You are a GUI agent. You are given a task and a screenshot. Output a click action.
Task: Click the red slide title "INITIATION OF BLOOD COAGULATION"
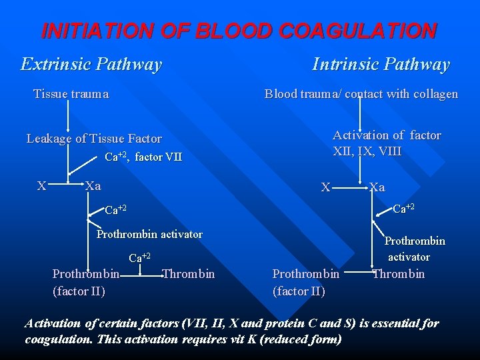[x=239, y=31]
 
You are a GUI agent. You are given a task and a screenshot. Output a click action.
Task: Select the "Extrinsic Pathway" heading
[x=91, y=64]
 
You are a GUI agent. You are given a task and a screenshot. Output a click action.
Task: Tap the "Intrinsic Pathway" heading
[x=381, y=64]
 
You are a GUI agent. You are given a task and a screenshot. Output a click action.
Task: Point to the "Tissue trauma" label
[x=71, y=94]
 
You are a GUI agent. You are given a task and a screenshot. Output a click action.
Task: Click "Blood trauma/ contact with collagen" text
[x=361, y=94]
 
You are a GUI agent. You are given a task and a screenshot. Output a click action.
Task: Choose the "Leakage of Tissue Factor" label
[x=94, y=139]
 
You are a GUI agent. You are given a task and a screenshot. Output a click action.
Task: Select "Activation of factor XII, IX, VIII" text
[x=387, y=143]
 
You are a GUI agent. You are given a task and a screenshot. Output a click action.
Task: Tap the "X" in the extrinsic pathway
[x=41, y=186]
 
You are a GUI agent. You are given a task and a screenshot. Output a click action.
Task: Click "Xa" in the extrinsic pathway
[x=93, y=186]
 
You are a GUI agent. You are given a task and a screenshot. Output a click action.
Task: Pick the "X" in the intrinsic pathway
[x=325, y=188]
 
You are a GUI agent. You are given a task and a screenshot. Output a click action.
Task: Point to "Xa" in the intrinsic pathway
[x=377, y=187]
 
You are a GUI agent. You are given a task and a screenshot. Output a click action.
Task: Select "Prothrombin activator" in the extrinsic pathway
[x=149, y=234]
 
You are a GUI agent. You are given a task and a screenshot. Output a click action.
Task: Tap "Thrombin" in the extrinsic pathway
[x=189, y=273]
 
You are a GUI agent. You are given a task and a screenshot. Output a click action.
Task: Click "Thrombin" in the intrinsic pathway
[x=399, y=273]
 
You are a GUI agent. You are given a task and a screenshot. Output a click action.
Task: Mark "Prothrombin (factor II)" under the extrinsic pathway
[x=86, y=282]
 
